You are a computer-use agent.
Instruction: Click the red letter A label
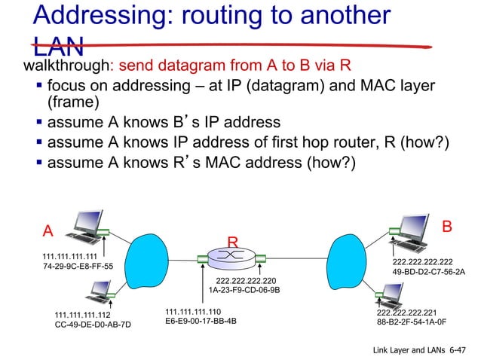pyautogui.click(x=48, y=230)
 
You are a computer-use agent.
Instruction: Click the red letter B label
pyautogui.click(x=447, y=226)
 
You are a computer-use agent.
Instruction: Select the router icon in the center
pyautogui.click(x=232, y=259)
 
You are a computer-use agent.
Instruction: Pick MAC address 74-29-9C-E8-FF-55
pyautogui.click(x=78, y=267)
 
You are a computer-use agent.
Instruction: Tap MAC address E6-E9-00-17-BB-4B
pyautogui.click(x=201, y=321)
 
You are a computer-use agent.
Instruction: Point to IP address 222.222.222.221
pyautogui.click(x=407, y=311)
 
